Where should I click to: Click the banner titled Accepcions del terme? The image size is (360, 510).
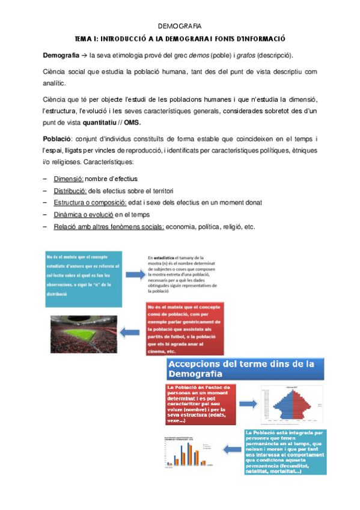point(244,369)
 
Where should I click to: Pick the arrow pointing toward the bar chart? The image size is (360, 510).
point(230,448)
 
